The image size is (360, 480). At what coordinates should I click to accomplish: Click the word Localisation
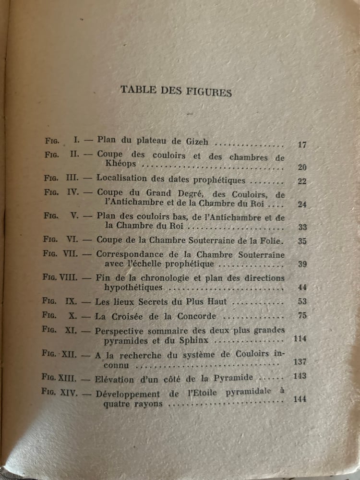click(121, 178)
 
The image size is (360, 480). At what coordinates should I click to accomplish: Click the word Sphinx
click(197, 340)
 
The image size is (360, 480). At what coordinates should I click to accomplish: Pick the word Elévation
click(115, 379)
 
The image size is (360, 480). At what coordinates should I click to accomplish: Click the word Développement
click(125, 394)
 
